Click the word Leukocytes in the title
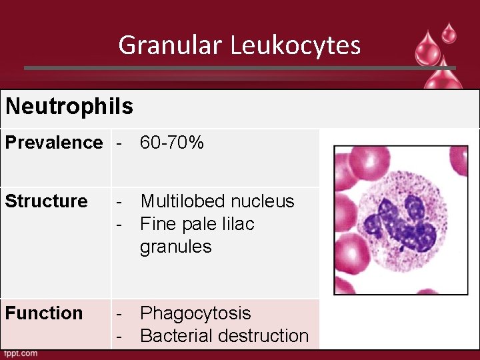point(296,45)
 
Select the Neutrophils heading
point(69,106)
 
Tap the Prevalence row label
point(54,143)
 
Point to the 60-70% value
point(172,143)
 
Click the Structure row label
point(47,201)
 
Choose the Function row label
point(44,313)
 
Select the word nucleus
point(261,201)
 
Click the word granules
point(175,247)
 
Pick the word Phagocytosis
point(195,313)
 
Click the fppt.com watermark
point(21,354)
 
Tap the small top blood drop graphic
point(449,32)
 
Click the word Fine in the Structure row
point(155,224)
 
